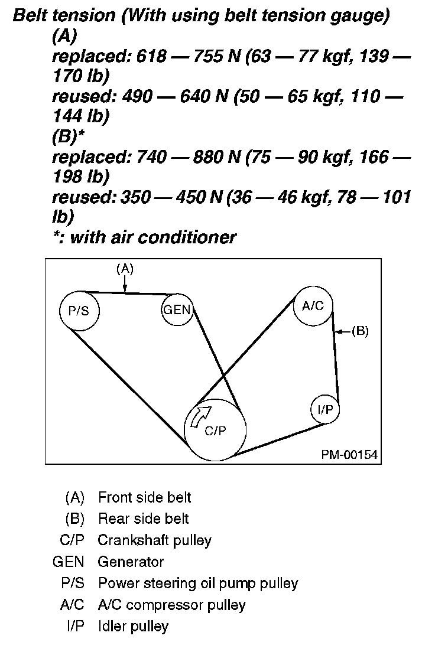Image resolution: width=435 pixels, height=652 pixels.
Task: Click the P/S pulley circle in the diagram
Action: click(79, 311)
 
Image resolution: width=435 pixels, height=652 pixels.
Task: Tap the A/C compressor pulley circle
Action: click(313, 305)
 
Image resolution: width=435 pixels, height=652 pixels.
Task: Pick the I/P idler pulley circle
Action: click(325, 409)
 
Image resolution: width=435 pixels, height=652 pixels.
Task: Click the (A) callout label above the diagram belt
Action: click(125, 269)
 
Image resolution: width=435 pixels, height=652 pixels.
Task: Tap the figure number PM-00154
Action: click(349, 455)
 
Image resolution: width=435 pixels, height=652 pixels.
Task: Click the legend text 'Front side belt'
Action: click(144, 498)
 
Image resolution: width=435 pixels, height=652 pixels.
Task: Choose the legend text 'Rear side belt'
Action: click(143, 519)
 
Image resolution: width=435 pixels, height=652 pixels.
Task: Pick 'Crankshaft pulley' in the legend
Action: click(154, 540)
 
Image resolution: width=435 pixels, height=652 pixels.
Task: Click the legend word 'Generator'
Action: click(131, 562)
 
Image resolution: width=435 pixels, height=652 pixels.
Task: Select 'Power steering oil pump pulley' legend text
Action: click(197, 583)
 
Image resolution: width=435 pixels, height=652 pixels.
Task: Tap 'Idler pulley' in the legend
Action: click(133, 626)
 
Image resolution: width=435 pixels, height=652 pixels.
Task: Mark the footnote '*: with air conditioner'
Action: click(144, 237)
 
